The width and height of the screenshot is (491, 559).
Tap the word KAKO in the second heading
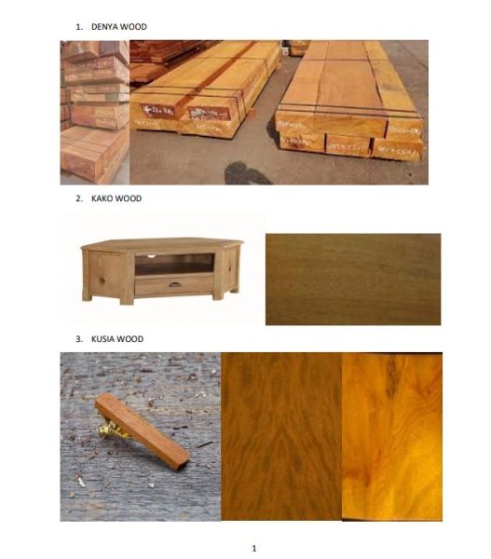click(x=102, y=198)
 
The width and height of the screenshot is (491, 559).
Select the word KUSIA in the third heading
click(x=103, y=339)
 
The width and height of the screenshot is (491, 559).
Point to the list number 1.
click(x=79, y=27)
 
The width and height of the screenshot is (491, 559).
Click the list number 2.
click(x=79, y=198)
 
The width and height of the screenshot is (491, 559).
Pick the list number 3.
click(x=79, y=339)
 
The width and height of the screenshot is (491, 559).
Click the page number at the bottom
click(x=254, y=548)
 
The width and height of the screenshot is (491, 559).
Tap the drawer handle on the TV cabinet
click(x=175, y=284)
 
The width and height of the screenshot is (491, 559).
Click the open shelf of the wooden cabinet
click(x=174, y=265)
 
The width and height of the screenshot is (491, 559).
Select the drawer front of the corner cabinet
click(x=174, y=286)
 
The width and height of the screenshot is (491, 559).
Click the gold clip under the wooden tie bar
click(x=112, y=429)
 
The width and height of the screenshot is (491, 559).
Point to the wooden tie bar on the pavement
click(x=142, y=432)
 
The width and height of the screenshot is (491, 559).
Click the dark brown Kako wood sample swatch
click(x=353, y=279)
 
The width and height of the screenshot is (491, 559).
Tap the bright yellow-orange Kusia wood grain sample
click(x=392, y=437)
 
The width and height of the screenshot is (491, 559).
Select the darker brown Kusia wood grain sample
click(x=281, y=437)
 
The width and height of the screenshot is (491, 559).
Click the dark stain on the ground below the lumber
click(x=246, y=173)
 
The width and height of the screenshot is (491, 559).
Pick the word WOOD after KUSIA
click(x=130, y=339)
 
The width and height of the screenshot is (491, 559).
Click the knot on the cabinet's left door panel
click(x=102, y=280)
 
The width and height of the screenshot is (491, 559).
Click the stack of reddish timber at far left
click(x=95, y=113)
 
